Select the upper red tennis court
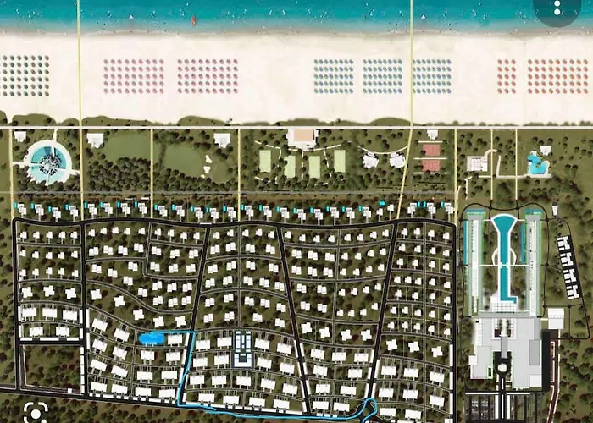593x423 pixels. coord(431,150)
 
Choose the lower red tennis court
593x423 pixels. coord(431,165)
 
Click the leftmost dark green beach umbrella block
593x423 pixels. coord(25,75)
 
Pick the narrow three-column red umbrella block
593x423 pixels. coord(506,76)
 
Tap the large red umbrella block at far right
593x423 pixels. coord(557,76)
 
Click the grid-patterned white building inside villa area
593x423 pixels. coord(242,347)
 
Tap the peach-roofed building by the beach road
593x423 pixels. coord(302,136)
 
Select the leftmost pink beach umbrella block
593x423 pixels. coord(134,76)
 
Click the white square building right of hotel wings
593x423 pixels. coord(556,318)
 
